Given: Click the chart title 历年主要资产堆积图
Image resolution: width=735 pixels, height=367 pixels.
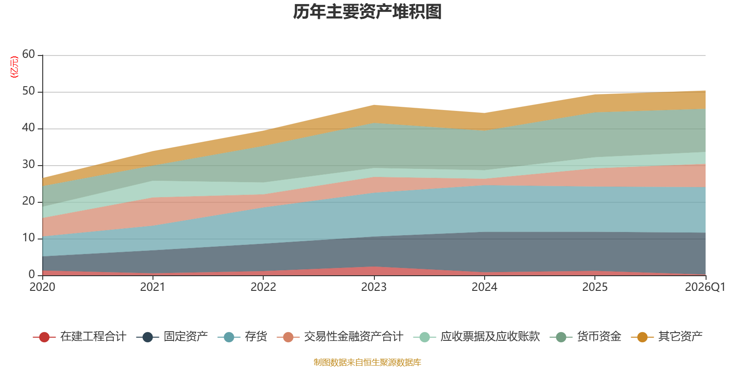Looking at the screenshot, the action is tap(367, 12).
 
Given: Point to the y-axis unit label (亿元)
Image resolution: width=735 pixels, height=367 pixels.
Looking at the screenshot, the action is tap(14, 67).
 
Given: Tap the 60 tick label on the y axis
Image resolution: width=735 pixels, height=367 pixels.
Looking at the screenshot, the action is tap(28, 54).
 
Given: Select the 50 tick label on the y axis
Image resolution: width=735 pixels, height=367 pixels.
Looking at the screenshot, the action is tap(28, 91).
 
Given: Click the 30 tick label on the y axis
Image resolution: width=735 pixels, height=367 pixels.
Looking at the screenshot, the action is tap(28, 164).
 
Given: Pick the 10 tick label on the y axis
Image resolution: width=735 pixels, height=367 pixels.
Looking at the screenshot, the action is tap(28, 238).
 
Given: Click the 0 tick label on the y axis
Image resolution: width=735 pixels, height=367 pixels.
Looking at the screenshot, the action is tap(32, 274).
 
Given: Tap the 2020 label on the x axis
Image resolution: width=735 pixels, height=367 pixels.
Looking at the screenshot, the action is tap(42, 287).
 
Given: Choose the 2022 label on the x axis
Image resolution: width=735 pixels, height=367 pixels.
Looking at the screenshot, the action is tap(264, 287).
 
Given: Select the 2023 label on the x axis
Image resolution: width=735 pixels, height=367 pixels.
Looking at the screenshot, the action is tap(374, 287).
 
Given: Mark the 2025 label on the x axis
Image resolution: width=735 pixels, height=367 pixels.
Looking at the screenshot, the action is tap(595, 287).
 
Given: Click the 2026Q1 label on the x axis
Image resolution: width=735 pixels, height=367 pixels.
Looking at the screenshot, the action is tap(705, 287).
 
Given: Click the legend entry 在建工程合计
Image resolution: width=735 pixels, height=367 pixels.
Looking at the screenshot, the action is tap(79, 337).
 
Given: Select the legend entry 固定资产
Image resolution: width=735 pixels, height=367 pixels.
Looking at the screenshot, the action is tap(172, 337).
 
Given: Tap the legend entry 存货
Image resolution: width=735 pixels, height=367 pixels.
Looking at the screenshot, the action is tap(242, 337).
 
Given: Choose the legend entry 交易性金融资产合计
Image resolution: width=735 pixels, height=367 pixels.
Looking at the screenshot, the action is tap(340, 337).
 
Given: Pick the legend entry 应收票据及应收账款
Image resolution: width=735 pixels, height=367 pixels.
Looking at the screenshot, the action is tap(476, 337).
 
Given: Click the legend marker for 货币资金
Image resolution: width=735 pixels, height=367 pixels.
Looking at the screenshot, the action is tap(561, 337).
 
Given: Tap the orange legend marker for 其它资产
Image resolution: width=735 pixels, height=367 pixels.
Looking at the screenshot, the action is tap(643, 337).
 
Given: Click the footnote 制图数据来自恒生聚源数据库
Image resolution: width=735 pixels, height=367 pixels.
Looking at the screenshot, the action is tap(367, 362).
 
